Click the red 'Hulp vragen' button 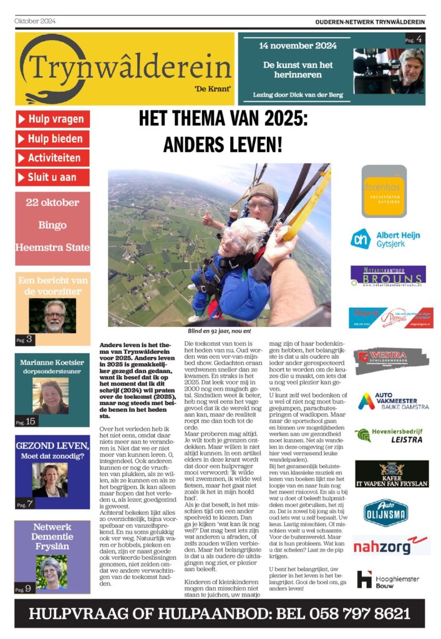click(x=52, y=119)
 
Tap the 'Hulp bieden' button click(x=52, y=139)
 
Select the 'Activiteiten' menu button click(x=52, y=158)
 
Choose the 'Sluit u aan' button click(x=52, y=177)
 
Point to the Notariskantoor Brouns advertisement click(x=387, y=275)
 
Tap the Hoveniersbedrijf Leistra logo click(x=392, y=435)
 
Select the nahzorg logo click(x=391, y=545)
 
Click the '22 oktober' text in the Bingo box click(x=52, y=203)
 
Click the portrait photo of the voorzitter click(x=52, y=315)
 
